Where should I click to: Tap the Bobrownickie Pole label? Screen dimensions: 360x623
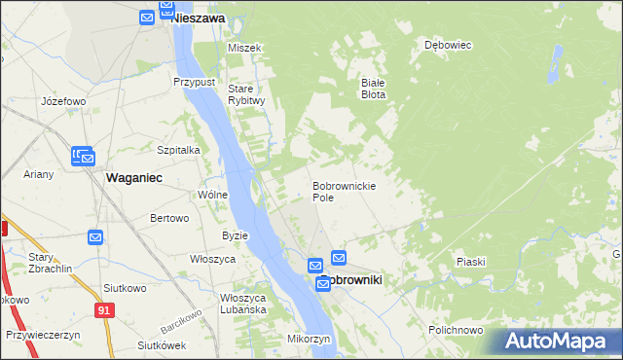(x=344, y=191)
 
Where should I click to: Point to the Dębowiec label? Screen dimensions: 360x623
(x=448, y=45)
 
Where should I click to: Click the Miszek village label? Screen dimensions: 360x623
(x=244, y=48)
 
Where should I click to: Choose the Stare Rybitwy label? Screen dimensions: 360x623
(x=246, y=94)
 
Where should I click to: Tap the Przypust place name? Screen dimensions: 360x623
(x=194, y=83)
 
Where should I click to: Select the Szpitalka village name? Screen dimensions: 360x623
(x=178, y=150)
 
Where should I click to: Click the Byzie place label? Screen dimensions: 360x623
(x=236, y=235)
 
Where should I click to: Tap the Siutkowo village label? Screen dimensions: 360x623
(x=124, y=288)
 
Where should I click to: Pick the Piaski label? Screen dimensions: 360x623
(x=470, y=262)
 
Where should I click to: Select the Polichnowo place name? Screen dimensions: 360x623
(x=456, y=330)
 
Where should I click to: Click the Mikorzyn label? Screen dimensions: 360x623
(x=310, y=339)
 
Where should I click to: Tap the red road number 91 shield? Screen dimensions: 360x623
(x=102, y=308)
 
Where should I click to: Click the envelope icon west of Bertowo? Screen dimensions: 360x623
(x=95, y=236)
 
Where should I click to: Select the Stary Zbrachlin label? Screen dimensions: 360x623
(x=50, y=263)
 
